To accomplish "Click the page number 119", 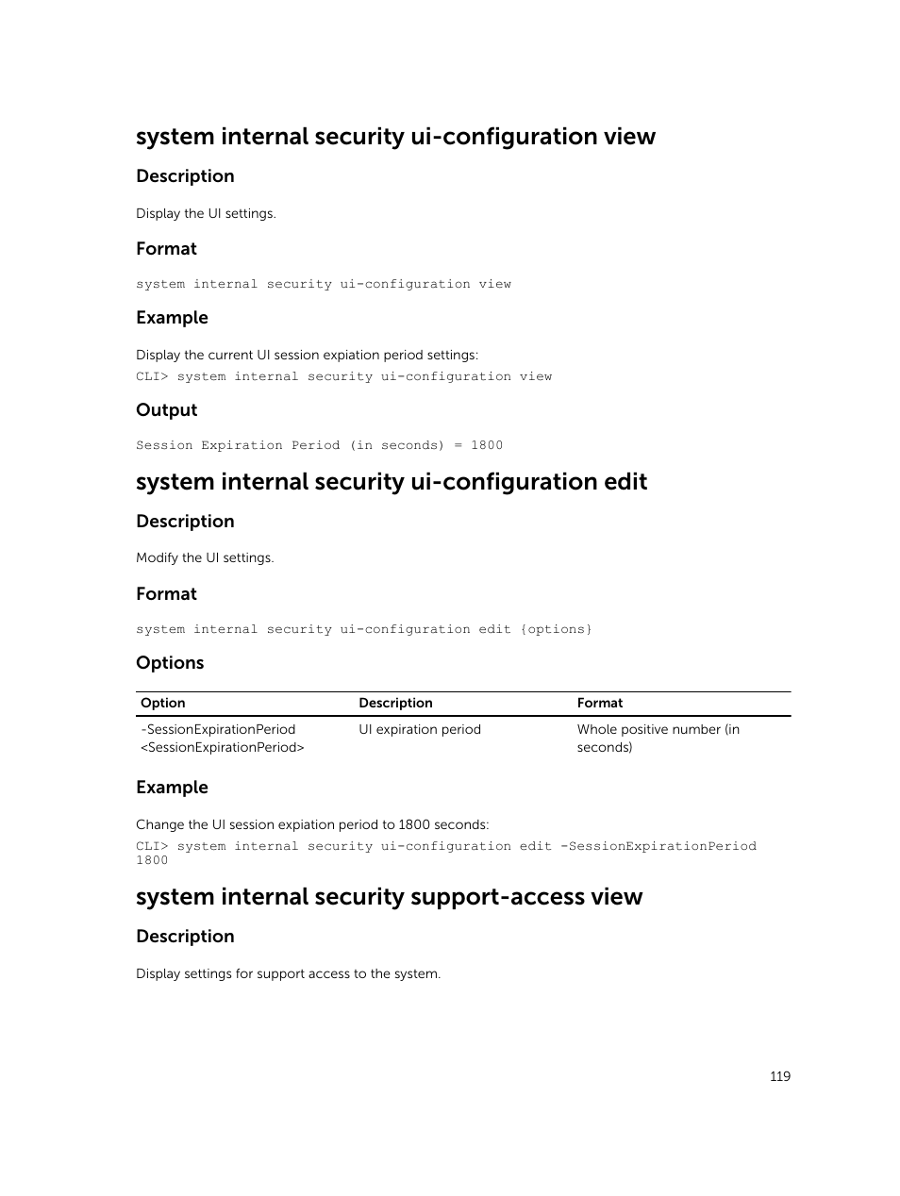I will pyautogui.click(x=779, y=1076).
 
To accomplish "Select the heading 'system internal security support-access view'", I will pyautogui.click(x=389, y=896).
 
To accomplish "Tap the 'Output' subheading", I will pyautogui.click(x=166, y=410).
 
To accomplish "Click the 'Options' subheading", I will pyautogui.click(x=170, y=663).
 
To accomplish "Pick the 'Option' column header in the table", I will pyautogui.click(x=163, y=703).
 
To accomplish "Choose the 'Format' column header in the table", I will pyautogui.click(x=600, y=703).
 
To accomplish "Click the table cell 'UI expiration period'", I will pyautogui.click(x=420, y=729).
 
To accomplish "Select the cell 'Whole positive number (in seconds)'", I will pyautogui.click(x=658, y=738).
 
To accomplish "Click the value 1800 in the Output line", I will pyautogui.click(x=487, y=445).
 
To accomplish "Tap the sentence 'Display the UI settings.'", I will pyautogui.click(x=206, y=213).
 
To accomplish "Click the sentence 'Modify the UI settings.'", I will pyautogui.click(x=205, y=557).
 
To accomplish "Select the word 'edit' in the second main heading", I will pyautogui.click(x=625, y=482).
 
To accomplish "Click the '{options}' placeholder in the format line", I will pyautogui.click(x=556, y=629).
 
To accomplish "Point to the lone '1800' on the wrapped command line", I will pyautogui.click(x=152, y=860).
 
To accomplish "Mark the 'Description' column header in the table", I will pyautogui.click(x=395, y=703).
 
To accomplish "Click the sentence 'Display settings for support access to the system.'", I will pyautogui.click(x=288, y=973).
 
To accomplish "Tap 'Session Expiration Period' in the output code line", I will pyautogui.click(x=238, y=445).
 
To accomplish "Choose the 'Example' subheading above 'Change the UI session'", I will pyautogui.click(x=172, y=788).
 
